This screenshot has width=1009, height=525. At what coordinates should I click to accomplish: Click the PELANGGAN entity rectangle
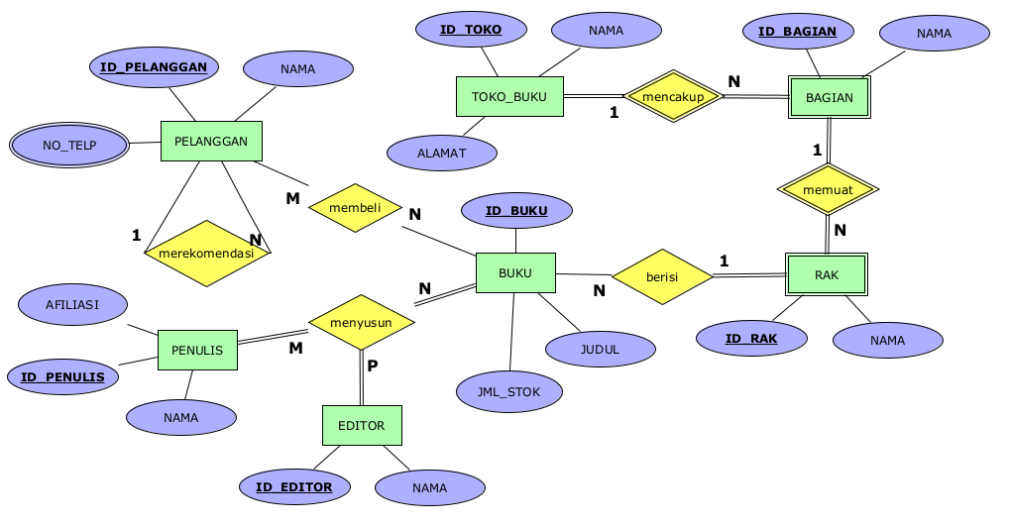click(x=211, y=142)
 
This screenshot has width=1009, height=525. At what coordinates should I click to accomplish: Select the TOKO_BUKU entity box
click(x=509, y=97)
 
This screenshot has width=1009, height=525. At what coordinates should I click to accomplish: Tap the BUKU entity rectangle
click(x=515, y=273)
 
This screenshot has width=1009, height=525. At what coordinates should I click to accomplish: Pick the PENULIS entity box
click(x=197, y=351)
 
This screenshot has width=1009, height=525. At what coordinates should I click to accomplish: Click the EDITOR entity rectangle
click(x=362, y=426)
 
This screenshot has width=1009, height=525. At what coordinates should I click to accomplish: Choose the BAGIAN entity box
click(x=830, y=97)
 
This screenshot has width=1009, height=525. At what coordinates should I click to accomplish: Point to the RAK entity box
click(x=827, y=275)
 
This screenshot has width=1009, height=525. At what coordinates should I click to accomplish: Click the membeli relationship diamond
click(x=355, y=208)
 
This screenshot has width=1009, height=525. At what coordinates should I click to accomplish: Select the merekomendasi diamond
click(x=206, y=254)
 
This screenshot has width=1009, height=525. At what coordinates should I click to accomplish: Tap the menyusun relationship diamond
click(x=361, y=322)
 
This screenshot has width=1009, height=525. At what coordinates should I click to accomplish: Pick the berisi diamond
click(x=662, y=277)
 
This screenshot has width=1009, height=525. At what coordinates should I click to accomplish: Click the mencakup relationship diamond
click(x=673, y=96)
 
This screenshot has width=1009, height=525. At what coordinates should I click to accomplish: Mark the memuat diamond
click(x=828, y=189)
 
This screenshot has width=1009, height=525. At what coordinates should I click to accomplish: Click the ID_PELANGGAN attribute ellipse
click(x=154, y=67)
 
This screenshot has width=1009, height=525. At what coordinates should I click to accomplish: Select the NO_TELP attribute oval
click(x=69, y=146)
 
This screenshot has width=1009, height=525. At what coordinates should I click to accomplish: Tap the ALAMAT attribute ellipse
click(x=442, y=154)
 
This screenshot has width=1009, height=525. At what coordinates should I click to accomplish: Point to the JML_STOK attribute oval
click(x=509, y=392)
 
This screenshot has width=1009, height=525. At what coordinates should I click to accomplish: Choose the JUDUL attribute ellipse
click(x=600, y=349)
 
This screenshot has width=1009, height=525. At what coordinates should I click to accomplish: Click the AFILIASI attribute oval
click(x=72, y=305)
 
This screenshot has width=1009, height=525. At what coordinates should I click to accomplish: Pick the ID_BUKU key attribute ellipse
click(x=516, y=211)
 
